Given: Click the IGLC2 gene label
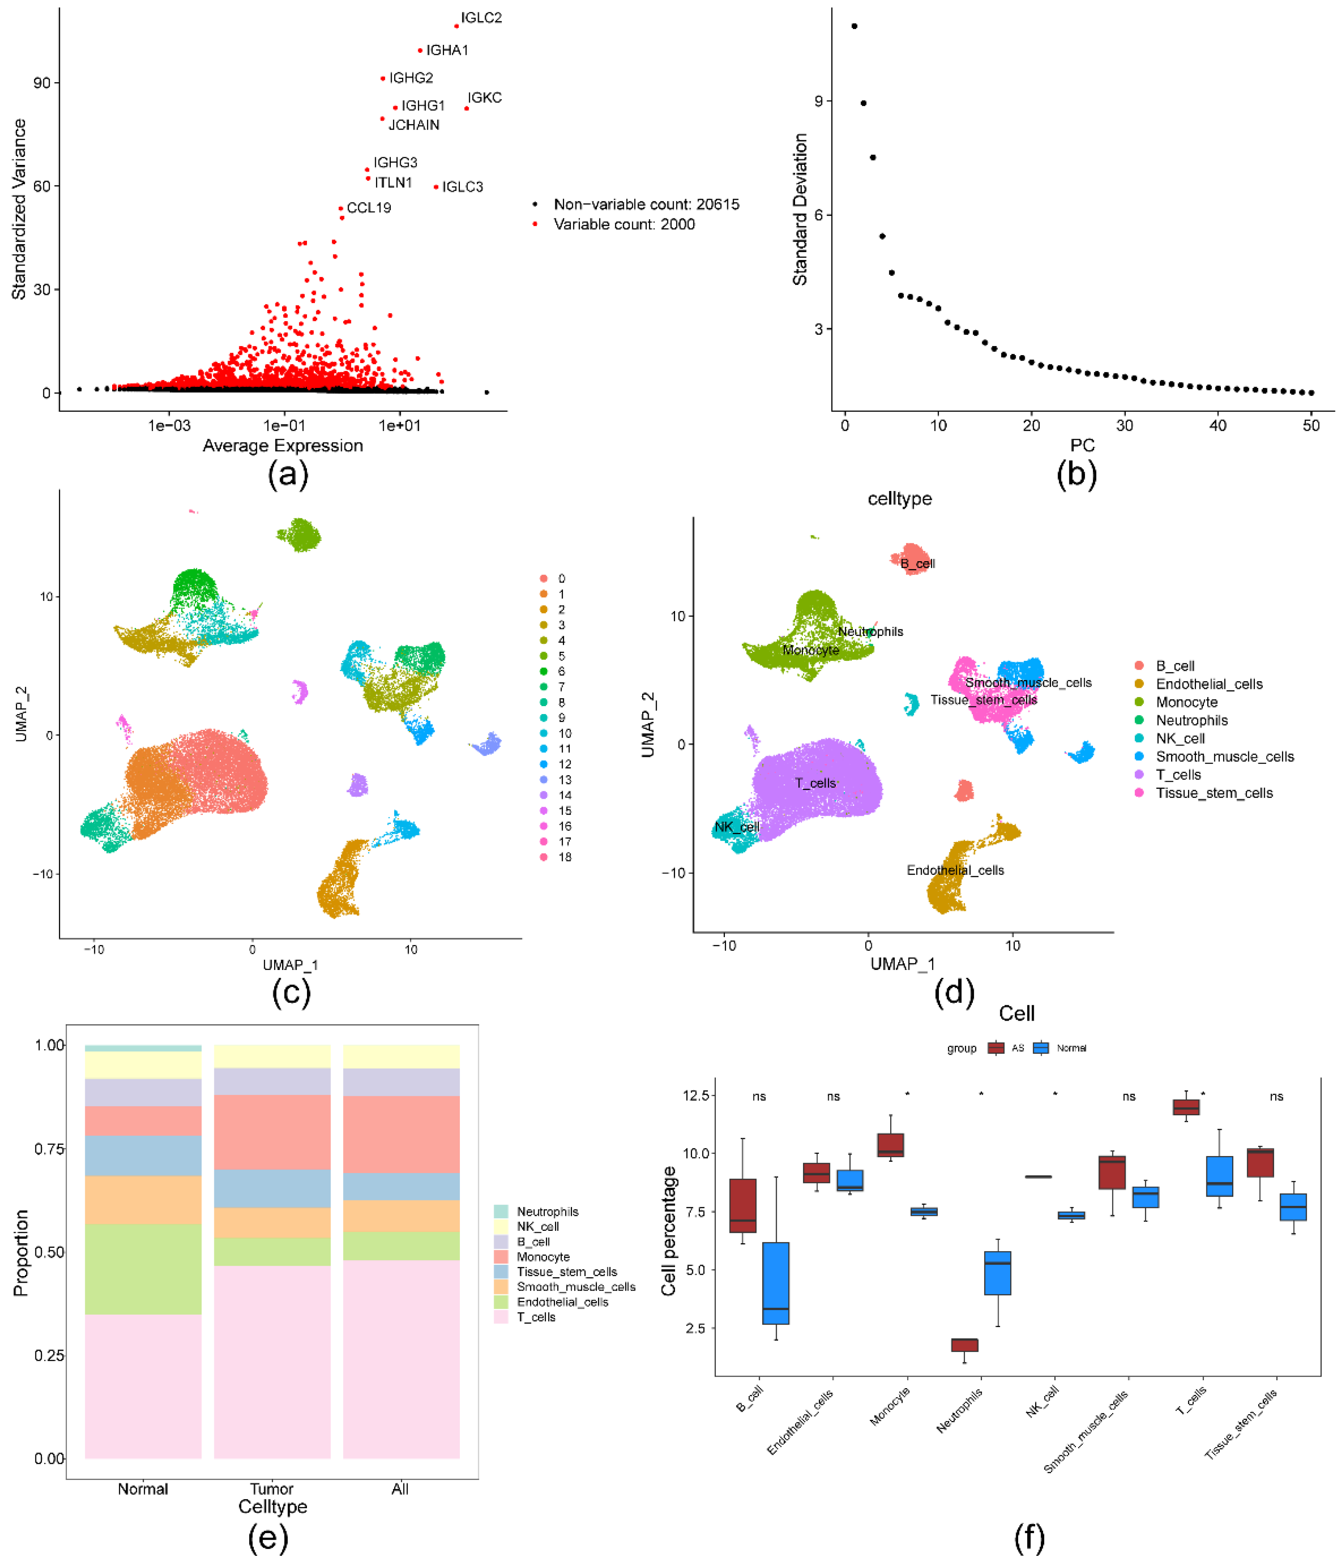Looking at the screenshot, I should (x=481, y=17).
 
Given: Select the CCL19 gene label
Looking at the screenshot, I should (x=369, y=208).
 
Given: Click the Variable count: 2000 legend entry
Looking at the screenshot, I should (x=624, y=224).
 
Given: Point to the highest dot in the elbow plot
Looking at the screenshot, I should (x=854, y=26).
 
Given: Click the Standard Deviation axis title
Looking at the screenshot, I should (x=800, y=209).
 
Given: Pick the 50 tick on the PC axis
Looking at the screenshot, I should (x=1311, y=426).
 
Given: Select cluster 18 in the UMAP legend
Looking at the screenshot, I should (x=564, y=857).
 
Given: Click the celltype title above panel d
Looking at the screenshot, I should (x=899, y=499).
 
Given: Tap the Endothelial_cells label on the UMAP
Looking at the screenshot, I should (x=955, y=870).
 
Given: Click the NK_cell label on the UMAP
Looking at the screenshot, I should (x=737, y=827).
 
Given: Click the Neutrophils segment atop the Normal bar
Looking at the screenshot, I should (x=143, y=1048).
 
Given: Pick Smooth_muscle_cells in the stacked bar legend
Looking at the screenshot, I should (x=575, y=1287).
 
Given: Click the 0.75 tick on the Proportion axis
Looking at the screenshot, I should (x=50, y=1149).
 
